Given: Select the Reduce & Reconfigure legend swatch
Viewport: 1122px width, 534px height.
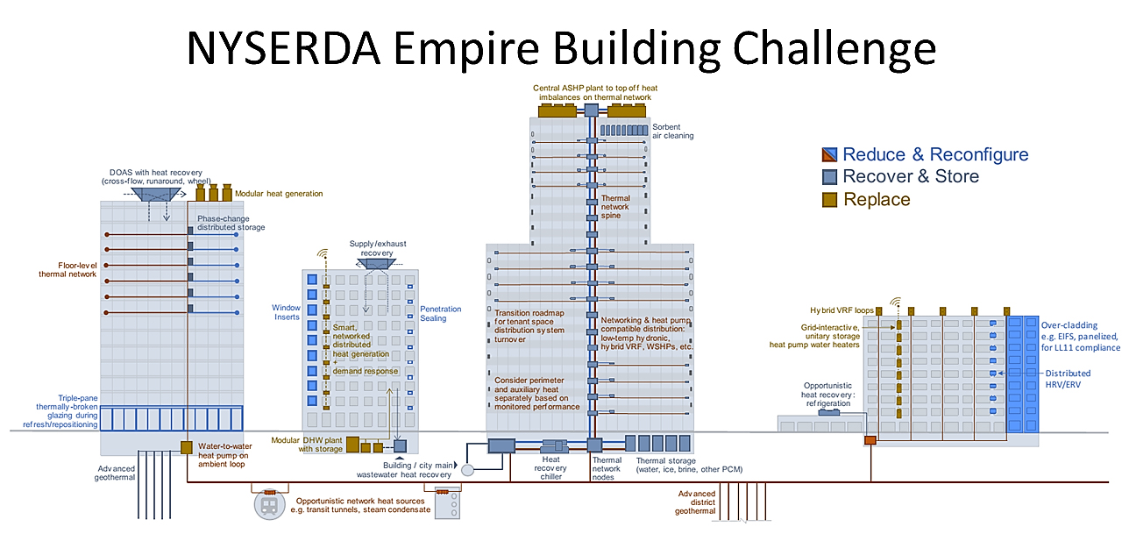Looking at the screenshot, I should coord(828,155).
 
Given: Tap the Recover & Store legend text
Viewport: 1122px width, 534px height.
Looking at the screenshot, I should coord(911,177).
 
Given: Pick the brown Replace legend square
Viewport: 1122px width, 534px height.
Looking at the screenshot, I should coord(828,200).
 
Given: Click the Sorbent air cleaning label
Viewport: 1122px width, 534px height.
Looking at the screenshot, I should coord(672,132).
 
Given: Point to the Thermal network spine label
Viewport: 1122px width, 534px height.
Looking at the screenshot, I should coord(615,207).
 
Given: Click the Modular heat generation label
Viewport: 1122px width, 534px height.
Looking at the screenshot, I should coord(279,194).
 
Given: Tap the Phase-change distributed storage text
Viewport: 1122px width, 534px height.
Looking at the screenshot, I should coord(231,223).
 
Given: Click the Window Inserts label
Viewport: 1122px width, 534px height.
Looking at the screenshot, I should coord(286,312).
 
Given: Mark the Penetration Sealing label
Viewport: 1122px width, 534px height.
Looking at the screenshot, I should coord(440,314).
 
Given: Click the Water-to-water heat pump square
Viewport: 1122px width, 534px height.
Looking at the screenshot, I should coord(187,448).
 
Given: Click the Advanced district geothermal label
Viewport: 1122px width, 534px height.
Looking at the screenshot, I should coord(696,502).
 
